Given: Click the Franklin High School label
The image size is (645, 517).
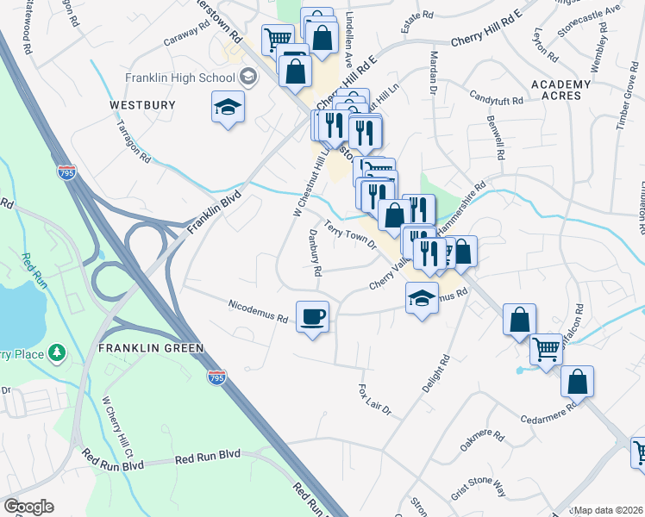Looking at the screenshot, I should tap(180, 78).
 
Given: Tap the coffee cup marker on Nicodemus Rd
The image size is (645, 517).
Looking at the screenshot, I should tap(312, 316).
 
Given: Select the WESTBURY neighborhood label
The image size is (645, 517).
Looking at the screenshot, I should tap(142, 105).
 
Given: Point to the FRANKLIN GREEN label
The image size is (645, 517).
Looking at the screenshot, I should tap(150, 348).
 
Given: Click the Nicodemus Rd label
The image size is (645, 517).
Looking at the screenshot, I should tap(258, 311).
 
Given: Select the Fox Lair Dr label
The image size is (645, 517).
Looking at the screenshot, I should tap(374, 399).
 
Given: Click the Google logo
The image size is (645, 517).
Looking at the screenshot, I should tap(28, 507).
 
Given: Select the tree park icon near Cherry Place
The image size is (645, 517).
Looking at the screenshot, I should tap(57, 352).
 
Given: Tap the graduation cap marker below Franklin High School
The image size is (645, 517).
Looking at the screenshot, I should tap(228, 108).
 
